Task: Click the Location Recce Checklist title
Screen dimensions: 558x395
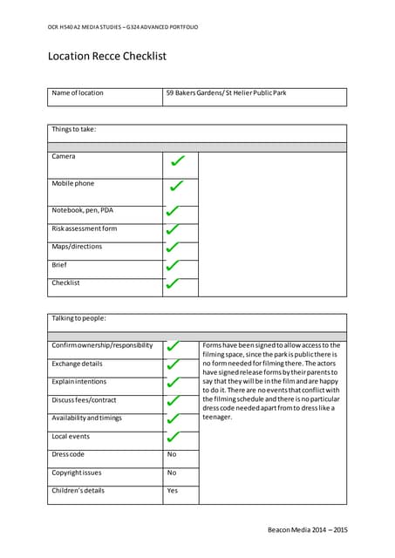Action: coord(106,57)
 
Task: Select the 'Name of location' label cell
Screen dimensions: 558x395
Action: coord(78,92)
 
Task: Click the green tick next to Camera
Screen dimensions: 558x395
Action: coord(177,161)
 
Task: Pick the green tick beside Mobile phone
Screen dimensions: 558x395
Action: coord(177,186)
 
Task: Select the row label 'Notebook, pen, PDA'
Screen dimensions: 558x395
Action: coord(83,210)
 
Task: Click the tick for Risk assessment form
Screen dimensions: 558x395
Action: coord(173,230)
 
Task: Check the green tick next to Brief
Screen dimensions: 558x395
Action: coord(173,266)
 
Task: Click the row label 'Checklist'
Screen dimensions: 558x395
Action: coord(65,282)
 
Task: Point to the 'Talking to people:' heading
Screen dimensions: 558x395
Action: coord(78,318)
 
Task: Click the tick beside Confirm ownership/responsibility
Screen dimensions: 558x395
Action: coord(173,347)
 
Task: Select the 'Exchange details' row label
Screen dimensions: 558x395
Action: coord(78,364)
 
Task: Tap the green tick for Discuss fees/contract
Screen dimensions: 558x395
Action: coord(173,402)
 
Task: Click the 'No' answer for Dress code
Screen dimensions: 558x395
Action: coord(172,454)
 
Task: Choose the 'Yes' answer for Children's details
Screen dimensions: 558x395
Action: coord(172,491)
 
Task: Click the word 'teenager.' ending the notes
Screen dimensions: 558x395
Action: coord(217,417)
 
